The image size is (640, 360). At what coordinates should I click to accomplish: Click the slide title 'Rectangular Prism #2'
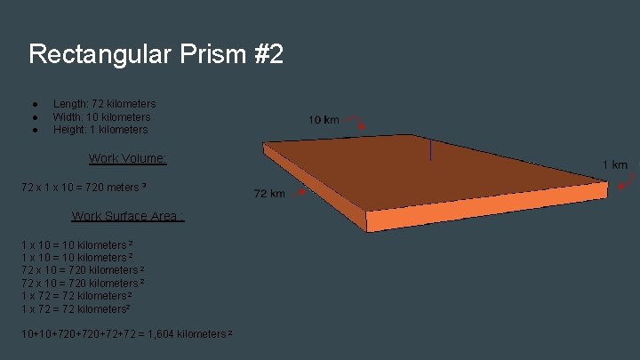click(156, 54)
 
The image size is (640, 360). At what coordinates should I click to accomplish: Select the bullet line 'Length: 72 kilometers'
click(104, 104)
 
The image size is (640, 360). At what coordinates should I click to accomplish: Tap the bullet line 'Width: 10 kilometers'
click(101, 116)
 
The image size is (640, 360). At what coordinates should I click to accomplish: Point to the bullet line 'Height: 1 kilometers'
click(100, 130)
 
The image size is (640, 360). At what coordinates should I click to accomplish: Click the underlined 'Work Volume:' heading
click(127, 158)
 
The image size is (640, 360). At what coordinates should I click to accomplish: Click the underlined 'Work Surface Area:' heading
click(127, 216)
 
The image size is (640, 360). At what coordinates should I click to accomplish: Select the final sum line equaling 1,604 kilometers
click(126, 333)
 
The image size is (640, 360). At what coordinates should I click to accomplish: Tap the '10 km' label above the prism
click(324, 119)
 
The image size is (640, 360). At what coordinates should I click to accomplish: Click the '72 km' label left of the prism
click(269, 194)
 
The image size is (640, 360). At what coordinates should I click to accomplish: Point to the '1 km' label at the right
click(615, 164)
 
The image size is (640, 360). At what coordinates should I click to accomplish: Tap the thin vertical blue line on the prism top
click(430, 149)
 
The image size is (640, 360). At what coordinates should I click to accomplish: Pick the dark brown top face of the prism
click(427, 169)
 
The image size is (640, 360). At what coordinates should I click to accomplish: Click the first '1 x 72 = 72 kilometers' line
click(76, 295)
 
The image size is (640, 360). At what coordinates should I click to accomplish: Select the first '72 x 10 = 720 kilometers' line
click(83, 269)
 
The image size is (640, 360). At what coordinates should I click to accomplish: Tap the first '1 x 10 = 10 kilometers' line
click(76, 244)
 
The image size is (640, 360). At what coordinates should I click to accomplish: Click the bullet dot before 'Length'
click(32, 104)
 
